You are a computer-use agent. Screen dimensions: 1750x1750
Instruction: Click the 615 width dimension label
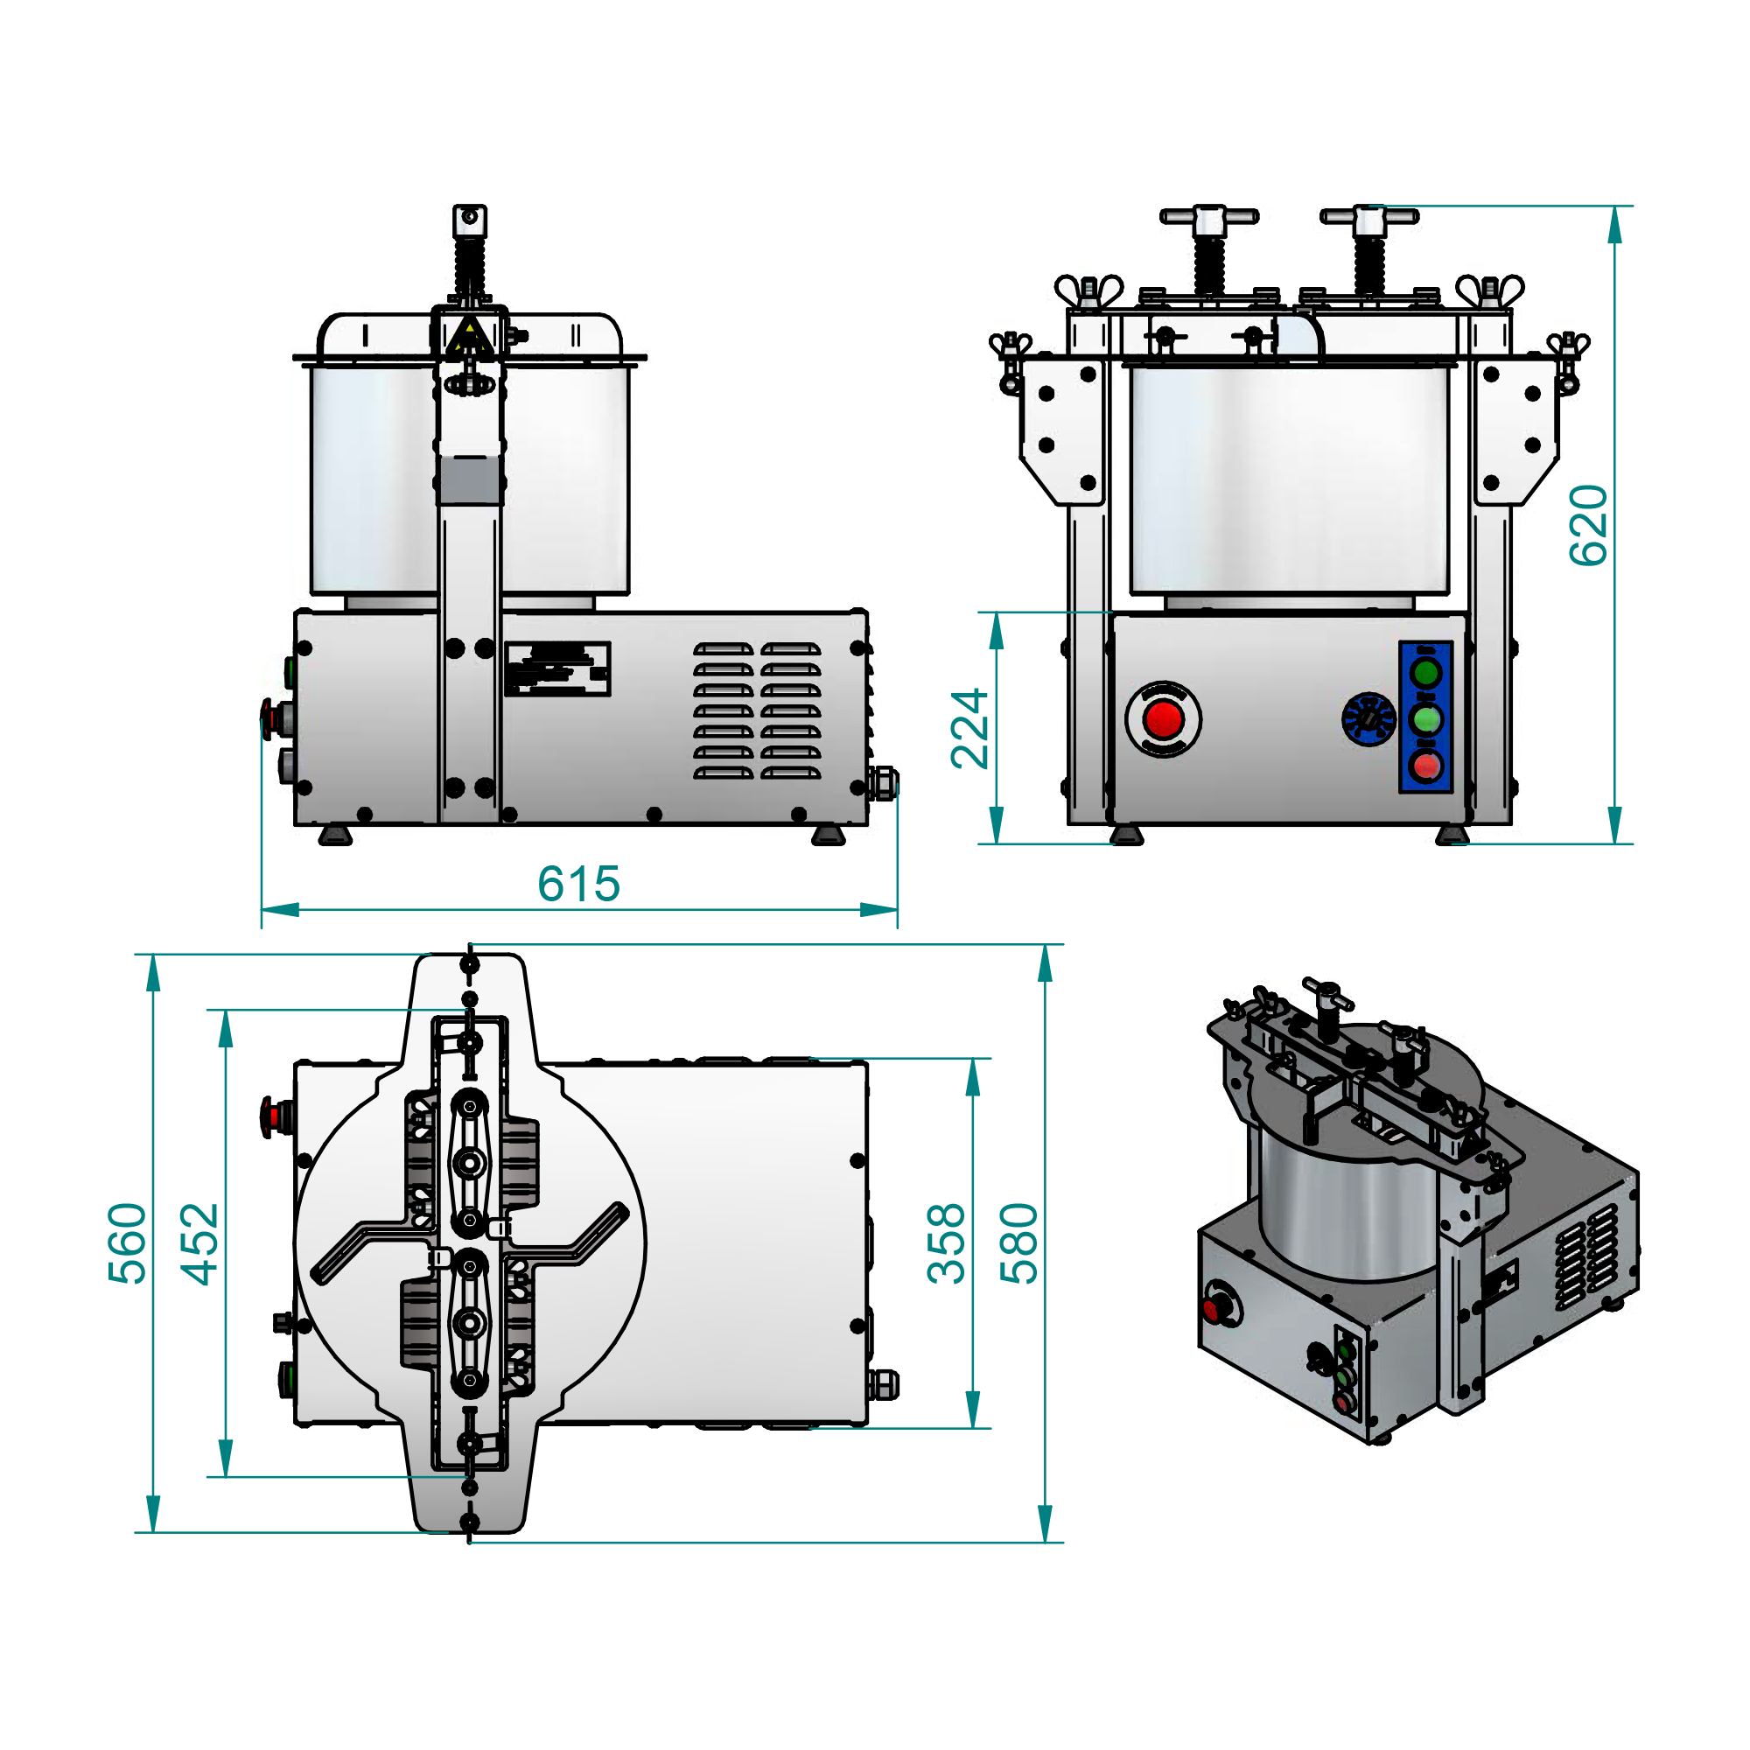point(578,883)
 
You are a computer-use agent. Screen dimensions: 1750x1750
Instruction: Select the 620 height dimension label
point(1589,526)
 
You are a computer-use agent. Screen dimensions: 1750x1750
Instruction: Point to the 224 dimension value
point(969,728)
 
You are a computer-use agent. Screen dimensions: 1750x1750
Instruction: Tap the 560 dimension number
point(127,1243)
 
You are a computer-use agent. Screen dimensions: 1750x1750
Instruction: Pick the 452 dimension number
point(199,1243)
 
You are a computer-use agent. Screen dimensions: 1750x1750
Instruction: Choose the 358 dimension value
point(947,1243)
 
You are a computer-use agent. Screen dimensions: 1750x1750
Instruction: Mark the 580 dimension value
point(1019,1243)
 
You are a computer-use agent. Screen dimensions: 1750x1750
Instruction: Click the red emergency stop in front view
point(1163,719)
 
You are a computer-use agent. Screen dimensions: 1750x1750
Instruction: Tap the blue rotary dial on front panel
point(1368,719)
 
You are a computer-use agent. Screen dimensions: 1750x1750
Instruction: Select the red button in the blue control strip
point(1426,766)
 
